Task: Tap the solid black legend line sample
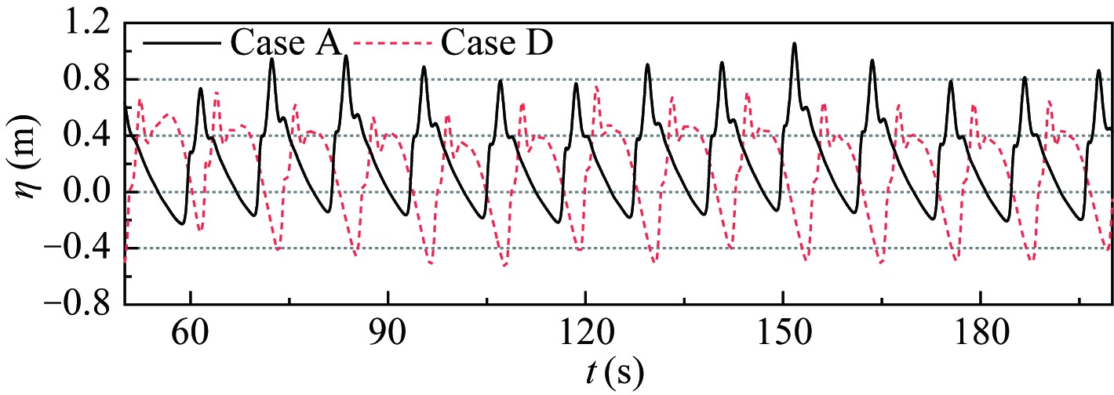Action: click(184, 42)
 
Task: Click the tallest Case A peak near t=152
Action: click(794, 44)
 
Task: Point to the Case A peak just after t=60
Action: click(201, 89)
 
